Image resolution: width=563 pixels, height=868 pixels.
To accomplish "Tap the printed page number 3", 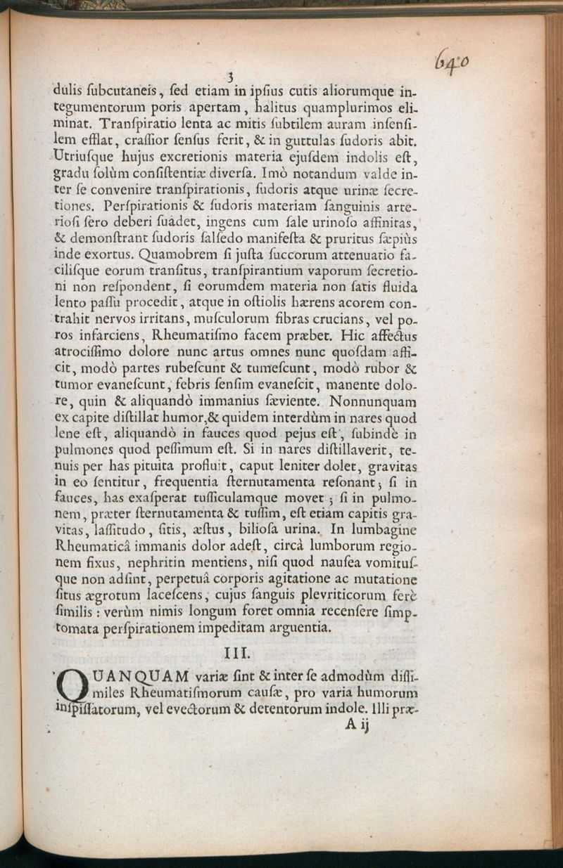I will pyautogui.click(x=229, y=77).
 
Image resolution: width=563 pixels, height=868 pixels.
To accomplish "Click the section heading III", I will pyautogui.click(x=234, y=654).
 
